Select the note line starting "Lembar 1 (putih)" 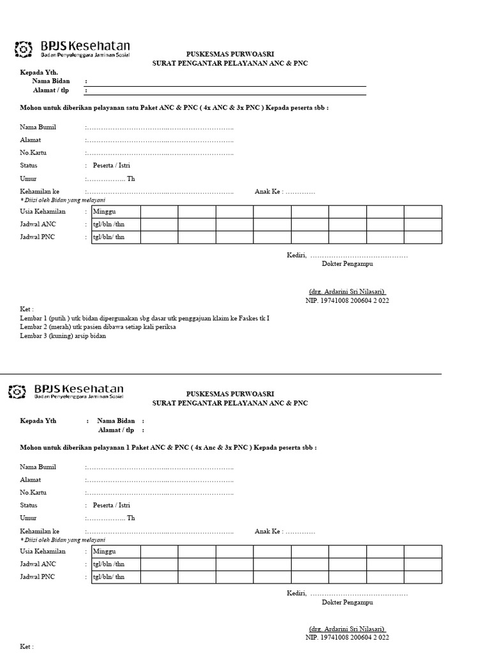(144, 318)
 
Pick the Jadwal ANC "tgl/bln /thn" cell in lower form (109, 564)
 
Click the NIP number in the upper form (347, 300)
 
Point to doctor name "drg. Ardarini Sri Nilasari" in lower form (347, 628)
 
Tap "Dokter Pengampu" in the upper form (347, 263)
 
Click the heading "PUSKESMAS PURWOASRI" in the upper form (230, 54)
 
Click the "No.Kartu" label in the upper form (33, 153)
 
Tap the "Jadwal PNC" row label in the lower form (38, 577)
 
